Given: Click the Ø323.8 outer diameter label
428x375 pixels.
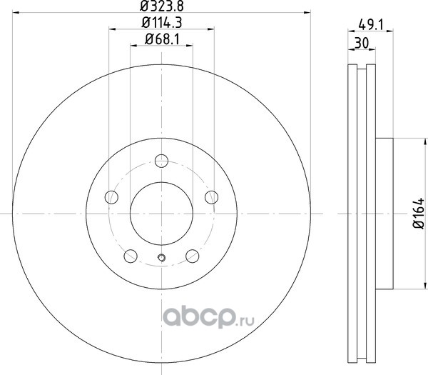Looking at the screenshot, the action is tap(162, 6).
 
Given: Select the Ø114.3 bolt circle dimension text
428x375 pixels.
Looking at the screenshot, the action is tap(162, 22).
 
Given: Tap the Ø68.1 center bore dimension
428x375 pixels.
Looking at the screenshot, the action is tap(162, 39).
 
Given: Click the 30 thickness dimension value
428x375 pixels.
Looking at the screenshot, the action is tap(362, 43).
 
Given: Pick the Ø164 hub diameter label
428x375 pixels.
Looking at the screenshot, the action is tap(419, 213).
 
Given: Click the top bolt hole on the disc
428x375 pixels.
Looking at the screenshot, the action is tap(161, 161).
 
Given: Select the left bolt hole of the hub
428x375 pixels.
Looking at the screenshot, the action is tap(111, 197).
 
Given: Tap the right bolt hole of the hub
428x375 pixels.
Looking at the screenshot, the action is tap(212, 197).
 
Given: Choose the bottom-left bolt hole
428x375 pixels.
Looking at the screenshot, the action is tap(131, 256).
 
